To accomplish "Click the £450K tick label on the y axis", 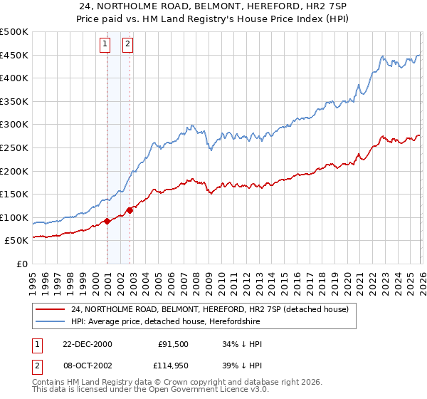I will pyautogui.click(x=14, y=56).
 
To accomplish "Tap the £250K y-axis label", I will pyautogui.click(x=14, y=148).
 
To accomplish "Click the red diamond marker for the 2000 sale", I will pyautogui.click(x=107, y=221).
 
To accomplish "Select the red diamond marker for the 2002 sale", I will pyautogui.click(x=130, y=210).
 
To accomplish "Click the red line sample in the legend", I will pyautogui.click(x=52, y=310).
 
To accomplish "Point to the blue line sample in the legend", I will pyautogui.click(x=52, y=321).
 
